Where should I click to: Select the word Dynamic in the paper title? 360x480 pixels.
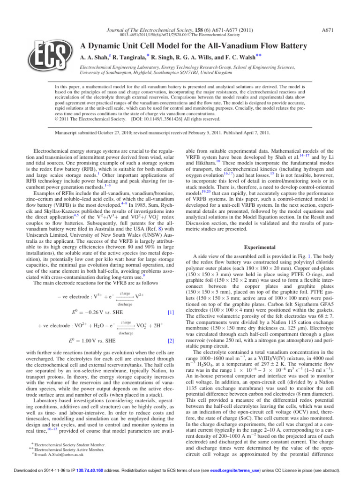(118, 46)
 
